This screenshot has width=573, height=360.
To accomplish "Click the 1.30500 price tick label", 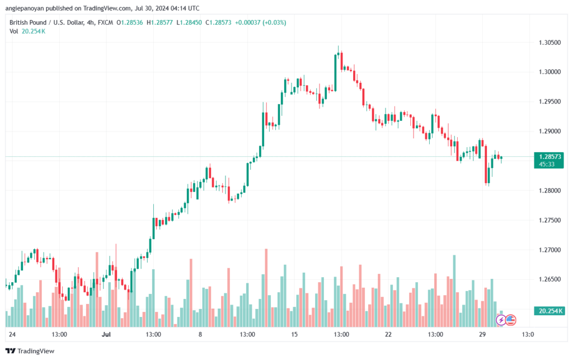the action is pos(549,43).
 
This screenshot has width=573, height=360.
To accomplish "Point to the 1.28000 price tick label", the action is pos(549,190).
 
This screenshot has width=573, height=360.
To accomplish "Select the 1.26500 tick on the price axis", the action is pos(549,279).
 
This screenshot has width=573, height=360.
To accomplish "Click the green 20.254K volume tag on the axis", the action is pos(549,311).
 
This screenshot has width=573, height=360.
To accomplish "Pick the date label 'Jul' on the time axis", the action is pos(106,334).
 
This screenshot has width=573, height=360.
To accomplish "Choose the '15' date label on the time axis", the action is pos(294,334).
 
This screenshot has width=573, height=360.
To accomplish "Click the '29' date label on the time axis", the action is pos(482,334).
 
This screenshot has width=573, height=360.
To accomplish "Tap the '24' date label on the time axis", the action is pos(12,334).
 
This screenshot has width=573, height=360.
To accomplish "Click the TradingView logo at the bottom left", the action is pos(30,351).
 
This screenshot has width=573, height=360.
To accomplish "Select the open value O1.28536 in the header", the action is pos(130,22).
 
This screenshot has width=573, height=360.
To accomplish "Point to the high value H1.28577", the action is pos(159,22).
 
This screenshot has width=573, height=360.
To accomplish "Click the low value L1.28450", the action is pos(189,22).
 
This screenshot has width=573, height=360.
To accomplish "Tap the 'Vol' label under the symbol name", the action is pos(13,31).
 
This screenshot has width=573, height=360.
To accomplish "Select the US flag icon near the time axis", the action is pos(510,320).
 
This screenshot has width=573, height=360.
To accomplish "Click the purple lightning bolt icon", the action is pos(501,320).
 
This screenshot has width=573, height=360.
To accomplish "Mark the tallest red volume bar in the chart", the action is pos(266,288).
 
